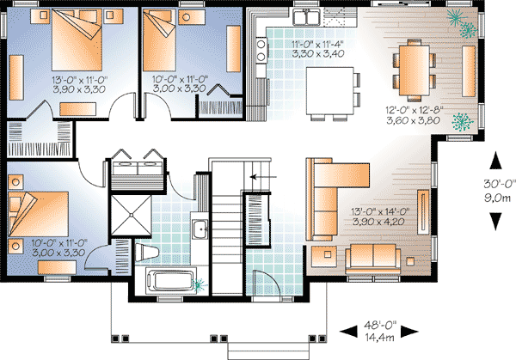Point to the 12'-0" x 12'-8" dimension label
tap(417, 115)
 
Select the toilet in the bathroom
tap(147, 252)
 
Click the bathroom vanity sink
tap(199, 229)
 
